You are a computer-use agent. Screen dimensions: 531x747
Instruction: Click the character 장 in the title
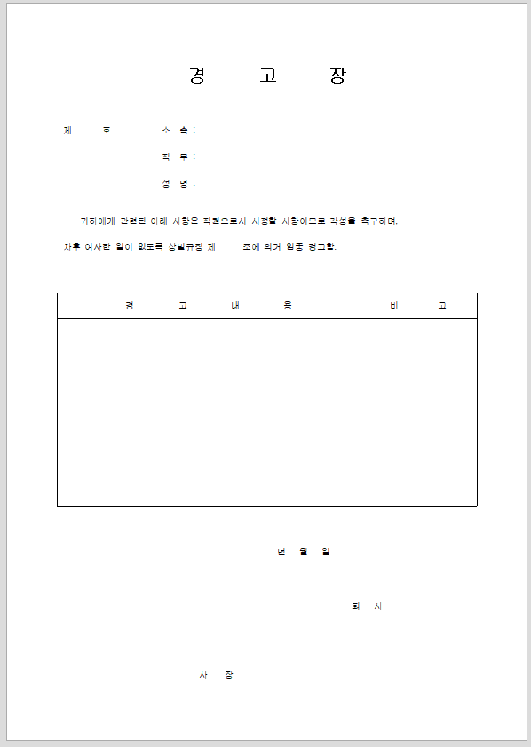[337, 76]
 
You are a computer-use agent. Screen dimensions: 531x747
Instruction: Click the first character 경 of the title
[196, 76]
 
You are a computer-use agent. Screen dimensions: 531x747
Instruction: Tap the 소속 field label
[175, 130]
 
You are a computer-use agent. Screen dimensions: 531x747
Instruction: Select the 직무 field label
[175, 157]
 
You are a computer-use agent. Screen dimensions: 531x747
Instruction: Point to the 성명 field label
[175, 183]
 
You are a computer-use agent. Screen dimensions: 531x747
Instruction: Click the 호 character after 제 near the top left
[107, 130]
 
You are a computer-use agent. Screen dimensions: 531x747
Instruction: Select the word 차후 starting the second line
[71, 246]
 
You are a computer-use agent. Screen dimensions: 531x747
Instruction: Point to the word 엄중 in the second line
[295, 246]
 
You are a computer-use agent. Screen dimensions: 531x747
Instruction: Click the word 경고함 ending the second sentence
[322, 246]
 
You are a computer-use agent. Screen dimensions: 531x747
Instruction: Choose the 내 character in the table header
[235, 306]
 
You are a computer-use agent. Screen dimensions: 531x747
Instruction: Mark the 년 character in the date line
[281, 551]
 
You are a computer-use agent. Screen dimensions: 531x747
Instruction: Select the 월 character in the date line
[304, 551]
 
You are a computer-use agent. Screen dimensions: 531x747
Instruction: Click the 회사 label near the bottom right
[368, 606]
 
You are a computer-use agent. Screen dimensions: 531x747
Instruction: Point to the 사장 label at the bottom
[216, 675]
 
